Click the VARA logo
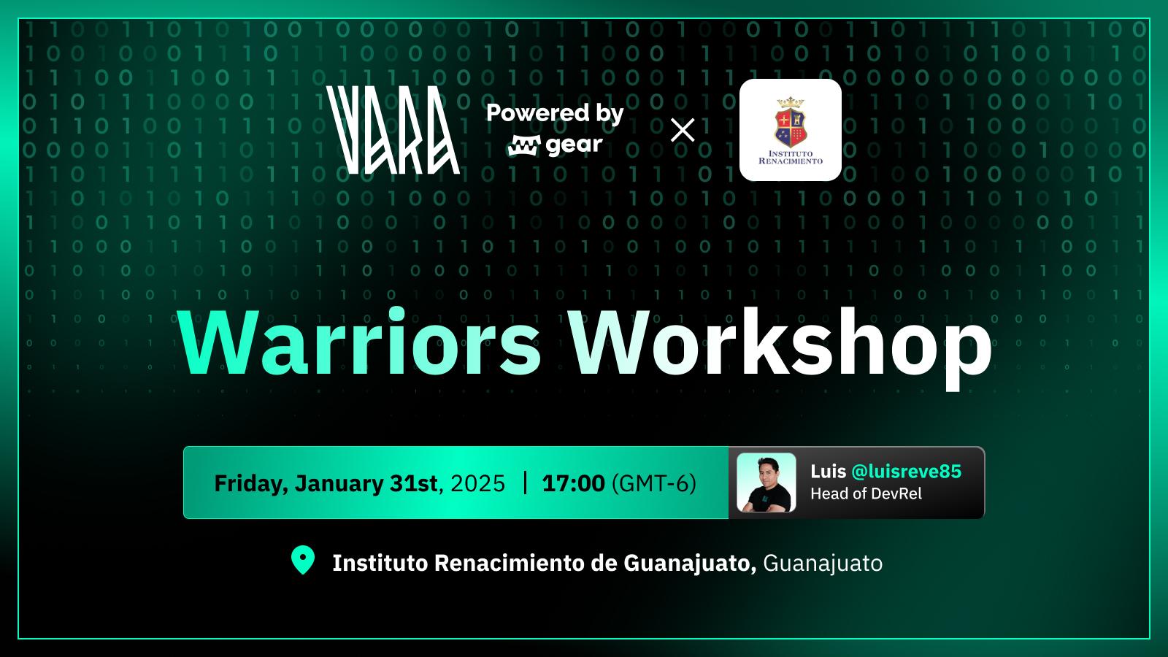click(x=393, y=130)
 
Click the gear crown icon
click(x=524, y=145)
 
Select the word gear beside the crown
click(x=574, y=145)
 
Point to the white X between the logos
click(x=683, y=130)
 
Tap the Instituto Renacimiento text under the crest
click(x=791, y=157)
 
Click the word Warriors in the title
click(x=359, y=342)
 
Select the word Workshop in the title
click(x=780, y=347)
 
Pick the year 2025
click(x=477, y=483)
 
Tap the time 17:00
click(x=574, y=483)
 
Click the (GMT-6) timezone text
click(x=654, y=483)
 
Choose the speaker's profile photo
click(x=766, y=483)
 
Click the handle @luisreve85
click(x=906, y=472)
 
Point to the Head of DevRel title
click(x=866, y=493)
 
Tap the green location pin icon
click(x=302, y=560)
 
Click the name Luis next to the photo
click(x=828, y=472)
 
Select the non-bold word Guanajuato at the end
click(x=823, y=563)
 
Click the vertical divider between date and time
click(x=525, y=483)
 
